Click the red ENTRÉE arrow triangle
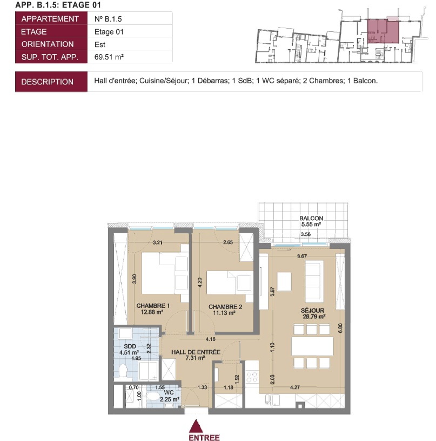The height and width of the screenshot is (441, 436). [x=196, y=426]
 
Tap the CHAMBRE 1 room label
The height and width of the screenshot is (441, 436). [x=153, y=306]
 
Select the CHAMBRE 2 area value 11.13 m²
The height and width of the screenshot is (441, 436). [x=224, y=313]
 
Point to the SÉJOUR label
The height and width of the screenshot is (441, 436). [x=312, y=311]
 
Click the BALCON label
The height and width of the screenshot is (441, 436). [x=311, y=218]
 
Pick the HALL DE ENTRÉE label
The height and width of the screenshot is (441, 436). [x=196, y=352]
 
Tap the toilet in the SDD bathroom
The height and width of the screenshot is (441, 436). [x=123, y=370]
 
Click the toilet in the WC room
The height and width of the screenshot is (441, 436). [x=153, y=397]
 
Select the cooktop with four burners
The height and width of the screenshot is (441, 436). [x=251, y=377]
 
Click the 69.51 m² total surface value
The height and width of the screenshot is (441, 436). [x=109, y=57]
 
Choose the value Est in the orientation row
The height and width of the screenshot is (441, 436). [x=99, y=44]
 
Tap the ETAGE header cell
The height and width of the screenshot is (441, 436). [x=51, y=31]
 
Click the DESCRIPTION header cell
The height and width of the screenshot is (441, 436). [x=51, y=82]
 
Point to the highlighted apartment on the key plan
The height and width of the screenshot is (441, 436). [x=383, y=31]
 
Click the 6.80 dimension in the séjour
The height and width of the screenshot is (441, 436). [x=340, y=328]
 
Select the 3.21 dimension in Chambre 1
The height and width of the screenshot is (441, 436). [x=158, y=242]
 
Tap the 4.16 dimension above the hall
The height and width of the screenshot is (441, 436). [x=210, y=339]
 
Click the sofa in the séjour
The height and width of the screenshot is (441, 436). [x=314, y=281]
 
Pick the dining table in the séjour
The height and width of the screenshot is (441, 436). [x=312, y=346]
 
